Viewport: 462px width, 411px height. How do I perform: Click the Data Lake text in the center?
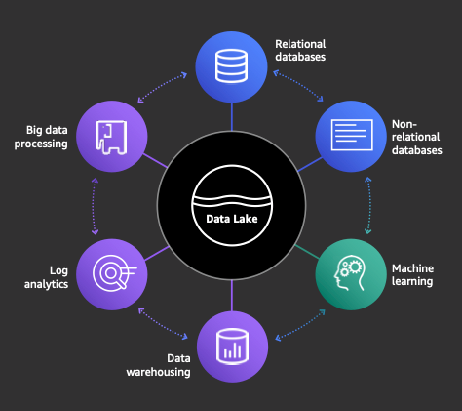click(x=232, y=219)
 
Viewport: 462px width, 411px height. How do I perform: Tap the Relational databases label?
click(x=300, y=50)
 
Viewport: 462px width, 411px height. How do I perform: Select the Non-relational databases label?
click(x=417, y=137)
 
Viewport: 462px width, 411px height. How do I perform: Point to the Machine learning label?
click(x=412, y=275)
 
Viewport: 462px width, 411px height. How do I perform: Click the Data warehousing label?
click(x=158, y=365)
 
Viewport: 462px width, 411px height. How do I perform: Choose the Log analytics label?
click(x=46, y=277)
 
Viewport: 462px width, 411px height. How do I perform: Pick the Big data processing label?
click(x=41, y=137)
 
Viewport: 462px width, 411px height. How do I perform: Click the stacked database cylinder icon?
click(x=231, y=65)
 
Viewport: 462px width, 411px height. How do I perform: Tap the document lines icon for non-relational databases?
click(x=352, y=135)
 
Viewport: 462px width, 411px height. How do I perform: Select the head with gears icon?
click(x=350, y=272)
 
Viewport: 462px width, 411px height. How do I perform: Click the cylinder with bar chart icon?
click(x=232, y=347)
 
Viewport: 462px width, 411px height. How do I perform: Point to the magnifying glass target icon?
click(x=114, y=272)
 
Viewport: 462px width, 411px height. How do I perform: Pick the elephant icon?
click(x=111, y=138)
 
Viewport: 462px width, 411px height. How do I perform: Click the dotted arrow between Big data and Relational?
click(x=163, y=87)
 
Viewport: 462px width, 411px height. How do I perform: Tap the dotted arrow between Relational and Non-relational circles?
click(x=298, y=86)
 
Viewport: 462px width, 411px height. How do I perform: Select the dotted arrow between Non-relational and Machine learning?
click(x=368, y=205)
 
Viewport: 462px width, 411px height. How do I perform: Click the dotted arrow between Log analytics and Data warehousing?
click(x=163, y=324)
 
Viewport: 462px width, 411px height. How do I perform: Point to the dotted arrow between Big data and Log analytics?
click(x=95, y=206)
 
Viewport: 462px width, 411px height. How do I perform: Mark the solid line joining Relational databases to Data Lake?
click(x=232, y=116)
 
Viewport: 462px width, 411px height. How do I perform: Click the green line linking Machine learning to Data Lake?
click(x=307, y=252)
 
